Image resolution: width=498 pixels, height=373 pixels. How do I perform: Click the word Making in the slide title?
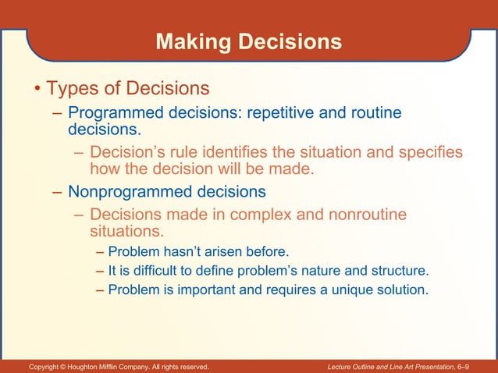(188, 42)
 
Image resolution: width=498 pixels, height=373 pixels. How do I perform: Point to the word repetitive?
(284, 113)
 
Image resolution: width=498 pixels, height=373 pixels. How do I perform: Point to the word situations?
(126, 232)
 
